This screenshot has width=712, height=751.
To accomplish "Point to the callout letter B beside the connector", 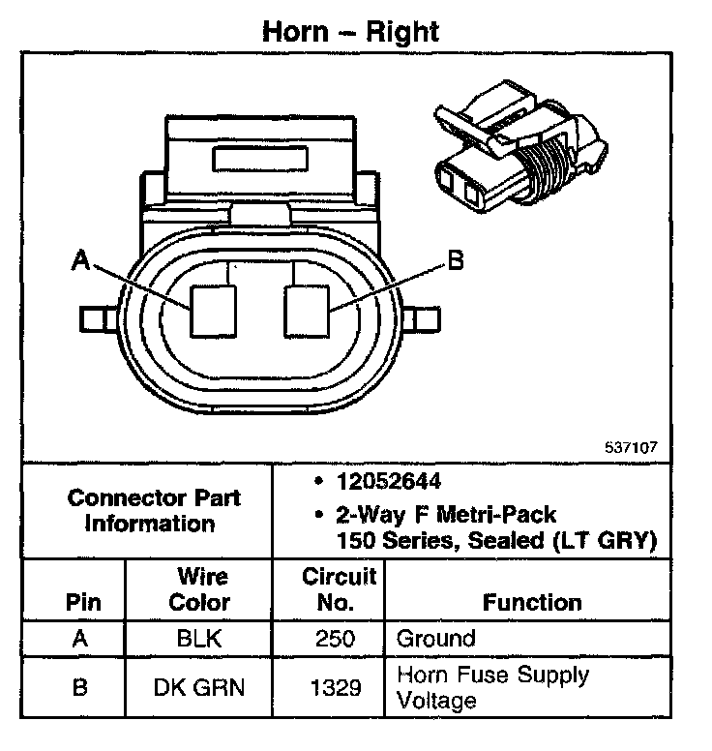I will point(455,259).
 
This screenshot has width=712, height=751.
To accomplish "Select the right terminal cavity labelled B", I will point(308,311).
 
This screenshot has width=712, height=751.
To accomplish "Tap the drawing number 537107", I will point(630,447).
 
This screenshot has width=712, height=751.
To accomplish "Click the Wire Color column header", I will point(199,589).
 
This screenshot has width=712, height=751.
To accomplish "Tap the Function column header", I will point(531,602).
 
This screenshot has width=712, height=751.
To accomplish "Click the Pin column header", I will point(82,602).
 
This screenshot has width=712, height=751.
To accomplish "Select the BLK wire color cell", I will point(199,640).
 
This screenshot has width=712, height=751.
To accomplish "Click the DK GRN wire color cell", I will point(199,688).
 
